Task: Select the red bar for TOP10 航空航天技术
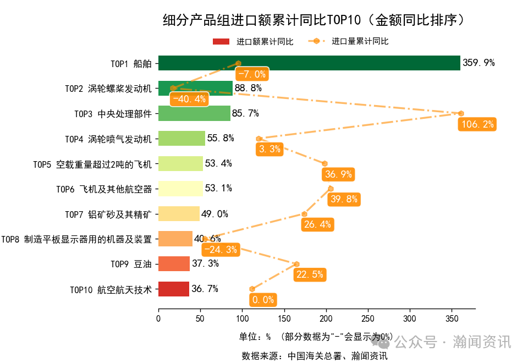click(174, 289)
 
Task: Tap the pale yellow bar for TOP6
click(180, 189)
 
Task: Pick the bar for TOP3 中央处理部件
click(194, 113)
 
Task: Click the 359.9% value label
click(479, 63)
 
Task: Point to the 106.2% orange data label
click(477, 124)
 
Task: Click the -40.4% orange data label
click(189, 100)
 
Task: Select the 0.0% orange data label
click(262, 300)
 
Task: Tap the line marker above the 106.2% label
click(461, 113)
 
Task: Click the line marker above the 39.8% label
click(331, 189)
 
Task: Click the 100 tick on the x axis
click(242, 318)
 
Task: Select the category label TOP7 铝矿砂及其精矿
click(108, 214)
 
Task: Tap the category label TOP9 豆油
click(130, 264)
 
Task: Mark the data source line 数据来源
click(315, 356)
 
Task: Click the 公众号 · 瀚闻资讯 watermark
click(451, 342)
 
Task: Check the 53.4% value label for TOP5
click(218, 163)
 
